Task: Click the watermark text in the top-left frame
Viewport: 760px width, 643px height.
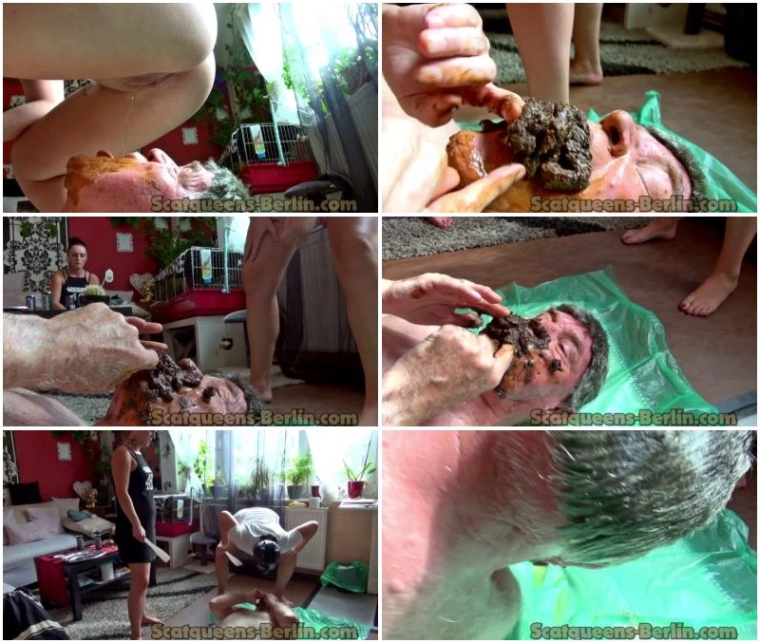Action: point(254,204)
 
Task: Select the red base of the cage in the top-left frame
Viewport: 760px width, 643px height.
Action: point(277,177)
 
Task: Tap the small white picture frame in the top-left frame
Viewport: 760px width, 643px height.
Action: point(189,136)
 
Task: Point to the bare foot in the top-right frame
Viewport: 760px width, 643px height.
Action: point(586,72)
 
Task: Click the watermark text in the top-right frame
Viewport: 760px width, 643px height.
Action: point(633,204)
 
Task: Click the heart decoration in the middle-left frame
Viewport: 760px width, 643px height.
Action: point(142,282)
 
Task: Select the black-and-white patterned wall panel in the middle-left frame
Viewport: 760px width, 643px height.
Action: point(35,255)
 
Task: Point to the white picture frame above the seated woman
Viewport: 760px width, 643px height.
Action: point(124,242)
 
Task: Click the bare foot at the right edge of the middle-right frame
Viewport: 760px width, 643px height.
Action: point(708,293)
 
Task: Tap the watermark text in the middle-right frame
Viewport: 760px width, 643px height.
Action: point(633,418)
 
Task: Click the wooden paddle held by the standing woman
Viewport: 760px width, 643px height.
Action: point(157,549)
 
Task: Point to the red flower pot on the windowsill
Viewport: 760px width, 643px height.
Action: point(355,489)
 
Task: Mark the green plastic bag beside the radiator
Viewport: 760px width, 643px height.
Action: point(345,577)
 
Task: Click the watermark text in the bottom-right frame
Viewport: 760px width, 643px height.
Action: point(633,632)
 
